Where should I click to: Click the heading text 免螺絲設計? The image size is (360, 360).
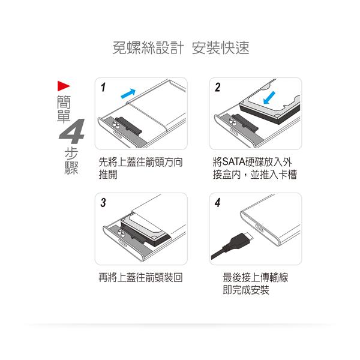pos(147,49)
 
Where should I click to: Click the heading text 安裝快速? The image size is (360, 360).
pos(221,49)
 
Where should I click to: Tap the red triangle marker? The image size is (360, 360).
pos(64,85)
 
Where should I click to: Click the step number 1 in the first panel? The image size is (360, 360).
pos(103,88)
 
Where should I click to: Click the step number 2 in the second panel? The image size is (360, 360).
pos(217,88)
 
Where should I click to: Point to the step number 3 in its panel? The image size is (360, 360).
pos(103,203)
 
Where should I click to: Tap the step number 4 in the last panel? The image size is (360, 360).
pos(217,203)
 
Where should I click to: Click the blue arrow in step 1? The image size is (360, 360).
pos(127,93)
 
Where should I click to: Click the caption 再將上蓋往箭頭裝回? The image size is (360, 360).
pos(140,278)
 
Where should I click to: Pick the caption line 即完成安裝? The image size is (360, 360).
pos(246,290)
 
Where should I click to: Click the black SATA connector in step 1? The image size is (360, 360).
pos(128,125)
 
